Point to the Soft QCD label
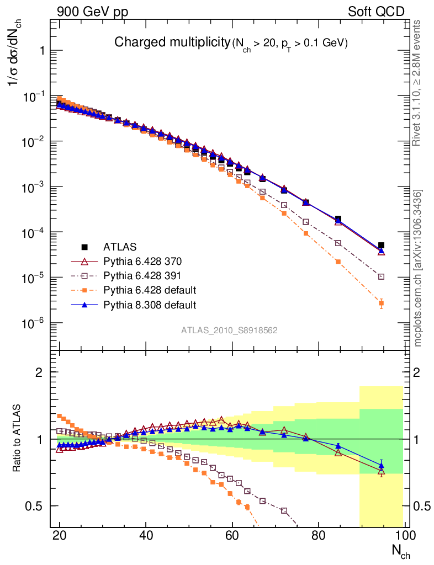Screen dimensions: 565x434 click(x=375, y=11)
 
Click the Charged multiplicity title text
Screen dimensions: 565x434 click(x=171, y=42)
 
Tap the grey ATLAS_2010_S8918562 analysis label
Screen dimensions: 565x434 click(x=229, y=331)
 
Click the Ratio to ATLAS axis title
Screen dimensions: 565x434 click(x=18, y=438)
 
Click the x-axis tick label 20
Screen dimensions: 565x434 click(x=60, y=535)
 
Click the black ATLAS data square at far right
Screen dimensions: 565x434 click(x=381, y=246)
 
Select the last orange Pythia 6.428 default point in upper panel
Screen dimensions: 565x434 click(x=381, y=303)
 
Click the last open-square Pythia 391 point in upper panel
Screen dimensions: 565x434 click(x=381, y=276)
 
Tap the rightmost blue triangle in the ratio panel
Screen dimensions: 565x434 click(x=381, y=465)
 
